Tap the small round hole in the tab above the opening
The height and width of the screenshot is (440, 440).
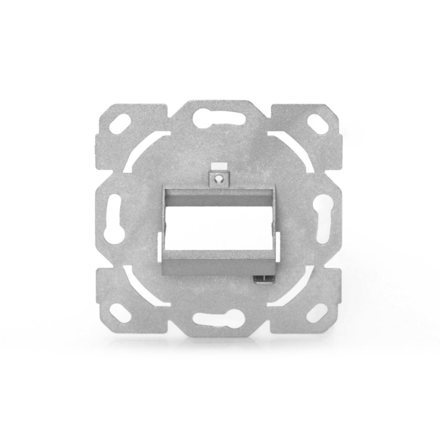219,179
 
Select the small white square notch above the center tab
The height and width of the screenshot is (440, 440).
219,167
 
